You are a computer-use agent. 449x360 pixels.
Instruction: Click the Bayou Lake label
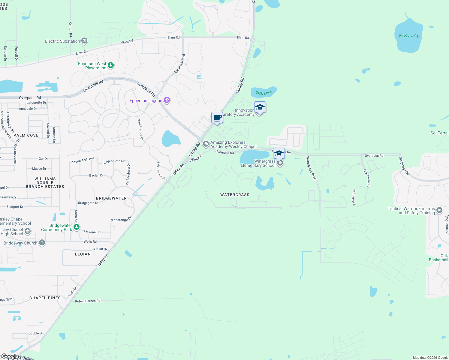408,36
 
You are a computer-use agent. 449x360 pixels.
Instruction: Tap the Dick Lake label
264,93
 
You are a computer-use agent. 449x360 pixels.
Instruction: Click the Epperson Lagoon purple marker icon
167,100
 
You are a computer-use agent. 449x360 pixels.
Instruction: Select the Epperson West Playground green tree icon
111,65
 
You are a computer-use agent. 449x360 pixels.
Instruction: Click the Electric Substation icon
84,41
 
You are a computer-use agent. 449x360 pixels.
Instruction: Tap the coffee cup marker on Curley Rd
217,118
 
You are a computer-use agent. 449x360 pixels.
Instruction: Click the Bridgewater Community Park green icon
77,227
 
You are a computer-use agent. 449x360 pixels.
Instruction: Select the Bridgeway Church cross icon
42,243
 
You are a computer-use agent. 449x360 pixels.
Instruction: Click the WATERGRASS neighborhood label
235,195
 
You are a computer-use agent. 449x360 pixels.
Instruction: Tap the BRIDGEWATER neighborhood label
111,198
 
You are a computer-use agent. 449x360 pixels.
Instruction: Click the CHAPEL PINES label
45,298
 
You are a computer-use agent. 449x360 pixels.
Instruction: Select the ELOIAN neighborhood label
83,254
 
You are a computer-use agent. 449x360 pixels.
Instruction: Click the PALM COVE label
26,135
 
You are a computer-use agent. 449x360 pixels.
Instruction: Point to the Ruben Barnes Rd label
88,301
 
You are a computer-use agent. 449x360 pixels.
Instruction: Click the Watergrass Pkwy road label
311,168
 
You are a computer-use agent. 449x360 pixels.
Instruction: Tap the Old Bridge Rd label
404,166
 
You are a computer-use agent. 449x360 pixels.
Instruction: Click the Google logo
10,356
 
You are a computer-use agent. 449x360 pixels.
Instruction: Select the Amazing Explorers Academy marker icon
206,144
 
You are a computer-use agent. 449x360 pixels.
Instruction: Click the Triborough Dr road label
121,219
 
